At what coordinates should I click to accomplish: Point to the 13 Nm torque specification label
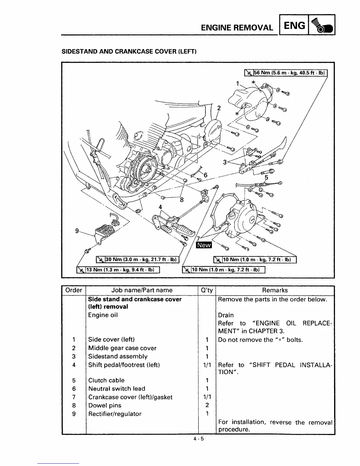pos(118,269)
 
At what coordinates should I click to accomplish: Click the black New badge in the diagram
pos(204,245)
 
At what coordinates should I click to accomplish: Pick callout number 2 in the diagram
pos(219,108)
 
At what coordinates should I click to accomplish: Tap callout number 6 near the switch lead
pos(206,175)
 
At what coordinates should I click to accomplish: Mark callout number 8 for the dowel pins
pos(182,200)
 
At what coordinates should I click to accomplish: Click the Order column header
pos(74,290)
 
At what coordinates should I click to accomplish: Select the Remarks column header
pos(275,290)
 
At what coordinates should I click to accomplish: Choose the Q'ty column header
pos(207,290)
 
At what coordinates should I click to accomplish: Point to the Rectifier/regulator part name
pos(115,414)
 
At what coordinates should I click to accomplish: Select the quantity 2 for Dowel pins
pos(207,405)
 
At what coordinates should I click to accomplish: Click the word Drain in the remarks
pos(226,315)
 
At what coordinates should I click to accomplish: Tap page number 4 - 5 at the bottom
pos(199,439)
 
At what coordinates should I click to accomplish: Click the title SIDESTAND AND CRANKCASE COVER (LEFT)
pos(129,52)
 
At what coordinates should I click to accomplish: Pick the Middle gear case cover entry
pos(122,348)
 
